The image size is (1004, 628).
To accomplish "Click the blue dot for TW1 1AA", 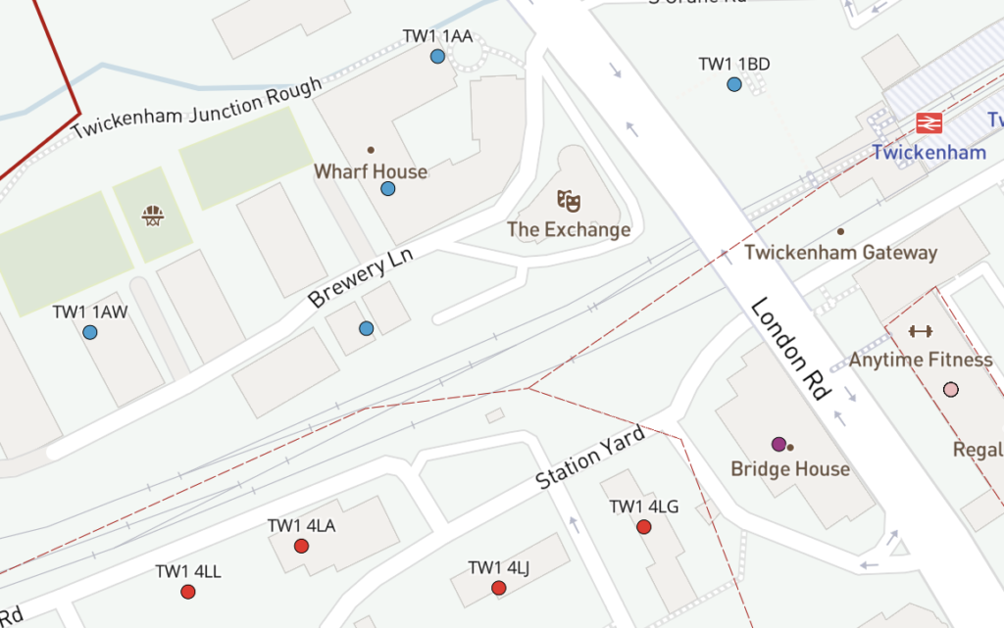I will click(437, 57).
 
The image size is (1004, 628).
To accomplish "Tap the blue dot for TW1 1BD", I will click(734, 85).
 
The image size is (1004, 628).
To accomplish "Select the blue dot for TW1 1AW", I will click(90, 333).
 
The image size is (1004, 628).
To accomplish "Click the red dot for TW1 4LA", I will click(302, 546).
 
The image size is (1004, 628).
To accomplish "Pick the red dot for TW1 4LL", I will click(188, 592).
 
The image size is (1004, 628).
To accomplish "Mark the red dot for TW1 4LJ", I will click(499, 588).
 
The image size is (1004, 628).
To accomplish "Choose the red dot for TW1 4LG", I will click(644, 527).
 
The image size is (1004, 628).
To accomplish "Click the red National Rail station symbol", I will click(929, 123).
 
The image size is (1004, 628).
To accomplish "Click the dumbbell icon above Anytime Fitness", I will click(920, 331).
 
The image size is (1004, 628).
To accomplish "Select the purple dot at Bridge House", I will click(778, 445).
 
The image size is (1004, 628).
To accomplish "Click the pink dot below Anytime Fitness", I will click(950, 390).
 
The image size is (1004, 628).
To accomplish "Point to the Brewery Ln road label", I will click(362, 277).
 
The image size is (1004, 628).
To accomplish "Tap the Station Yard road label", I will click(590, 458).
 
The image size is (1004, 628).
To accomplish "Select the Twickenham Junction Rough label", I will click(197, 108).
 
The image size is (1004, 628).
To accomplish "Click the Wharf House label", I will click(371, 171).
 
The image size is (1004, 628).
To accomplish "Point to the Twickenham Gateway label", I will click(840, 252).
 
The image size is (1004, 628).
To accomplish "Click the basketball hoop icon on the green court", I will click(152, 215).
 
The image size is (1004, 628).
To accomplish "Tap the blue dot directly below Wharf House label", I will click(388, 189).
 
